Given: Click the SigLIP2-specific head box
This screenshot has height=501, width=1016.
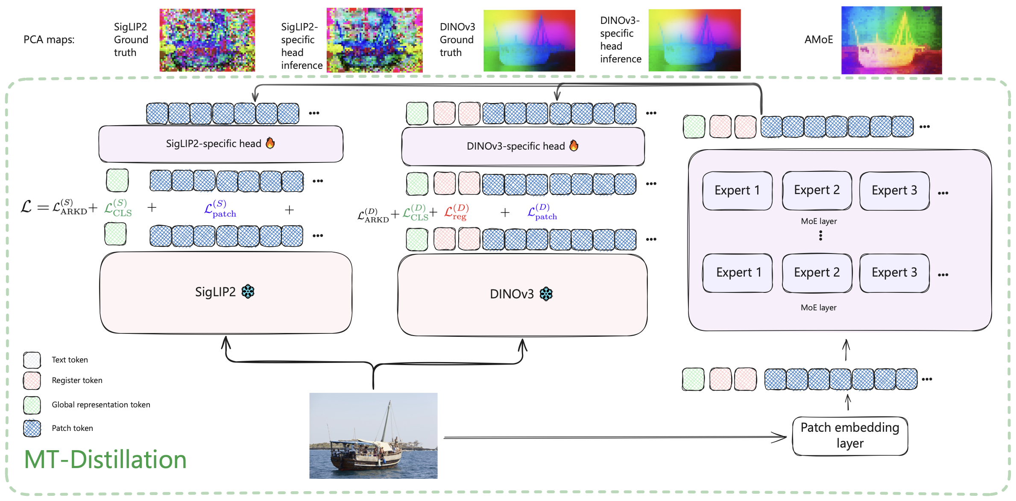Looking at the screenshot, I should click(x=221, y=144).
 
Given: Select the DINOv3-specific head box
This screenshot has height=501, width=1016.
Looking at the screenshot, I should click(x=523, y=147).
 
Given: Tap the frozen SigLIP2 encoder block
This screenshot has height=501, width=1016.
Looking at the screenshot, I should click(x=225, y=292).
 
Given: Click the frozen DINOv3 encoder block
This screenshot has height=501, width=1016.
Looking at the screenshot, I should click(x=522, y=295).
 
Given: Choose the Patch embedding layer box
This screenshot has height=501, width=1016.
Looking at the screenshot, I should click(x=849, y=436).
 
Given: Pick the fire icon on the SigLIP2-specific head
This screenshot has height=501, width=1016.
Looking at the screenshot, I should click(x=270, y=143).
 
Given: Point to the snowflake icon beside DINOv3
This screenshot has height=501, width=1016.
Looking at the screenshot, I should click(x=546, y=294).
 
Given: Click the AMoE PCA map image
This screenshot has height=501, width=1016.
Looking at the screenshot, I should click(x=891, y=40).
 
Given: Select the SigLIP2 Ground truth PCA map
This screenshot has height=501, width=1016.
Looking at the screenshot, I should click(x=207, y=40).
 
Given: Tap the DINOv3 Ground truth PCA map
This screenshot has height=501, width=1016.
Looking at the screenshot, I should click(x=529, y=41).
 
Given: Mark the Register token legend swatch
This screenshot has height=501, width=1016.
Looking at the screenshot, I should click(x=32, y=380).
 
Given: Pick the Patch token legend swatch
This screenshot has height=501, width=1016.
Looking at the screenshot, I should click(x=32, y=428).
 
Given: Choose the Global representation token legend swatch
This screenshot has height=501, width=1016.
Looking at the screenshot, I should click(x=32, y=405).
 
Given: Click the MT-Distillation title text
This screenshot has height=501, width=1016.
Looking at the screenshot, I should click(x=105, y=460).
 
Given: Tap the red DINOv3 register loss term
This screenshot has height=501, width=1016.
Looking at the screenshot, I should click(x=456, y=212).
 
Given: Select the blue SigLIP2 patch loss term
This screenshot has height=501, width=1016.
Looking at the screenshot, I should click(x=220, y=209).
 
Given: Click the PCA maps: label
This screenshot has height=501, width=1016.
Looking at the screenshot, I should click(x=49, y=40).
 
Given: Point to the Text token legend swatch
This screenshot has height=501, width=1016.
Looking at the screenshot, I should click(x=32, y=360).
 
